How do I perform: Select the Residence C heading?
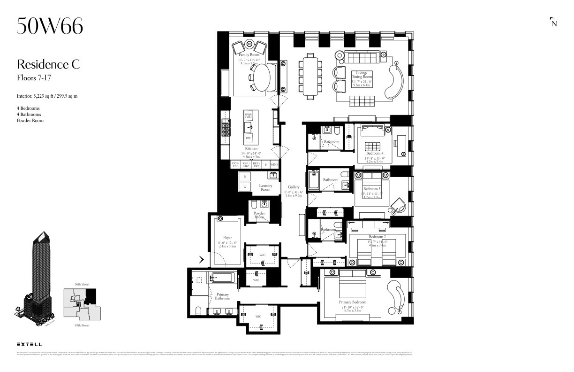pyautogui.click(x=48, y=64)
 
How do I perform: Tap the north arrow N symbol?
pyautogui.click(x=554, y=23)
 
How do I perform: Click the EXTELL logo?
pyautogui.click(x=29, y=344)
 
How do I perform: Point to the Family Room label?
pyautogui.click(x=249, y=55)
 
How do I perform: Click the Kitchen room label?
pyautogui.click(x=251, y=148)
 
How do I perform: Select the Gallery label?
pyautogui.click(x=294, y=187)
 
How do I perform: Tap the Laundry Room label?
pyautogui.click(x=265, y=187)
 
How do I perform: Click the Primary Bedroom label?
pyautogui.click(x=353, y=302)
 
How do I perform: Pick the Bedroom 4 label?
pyautogui.click(x=375, y=154)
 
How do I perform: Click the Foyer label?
pyautogui.click(x=227, y=238)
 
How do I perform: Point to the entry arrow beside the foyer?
pyautogui.click(x=201, y=259)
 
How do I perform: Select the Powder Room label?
pyautogui.click(x=259, y=215)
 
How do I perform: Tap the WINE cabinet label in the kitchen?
pyautogui.click(x=274, y=165)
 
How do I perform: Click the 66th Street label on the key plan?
pyautogui.click(x=82, y=284)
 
